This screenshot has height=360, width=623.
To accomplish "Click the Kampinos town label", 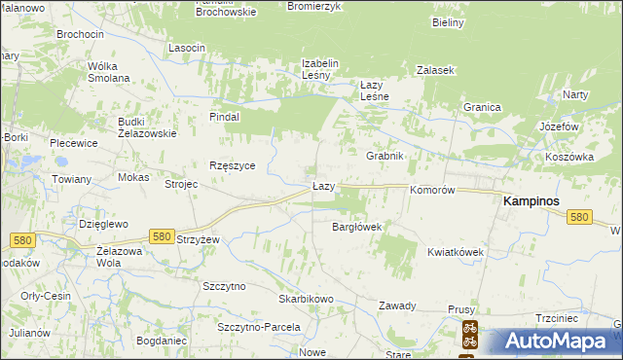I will click(x=535, y=200).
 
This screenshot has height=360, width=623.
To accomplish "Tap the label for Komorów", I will click(x=433, y=191).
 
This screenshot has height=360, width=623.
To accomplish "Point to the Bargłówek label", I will click(x=356, y=227).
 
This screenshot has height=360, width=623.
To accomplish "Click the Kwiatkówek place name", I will click(x=455, y=252).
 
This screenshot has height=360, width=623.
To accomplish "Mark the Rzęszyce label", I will click(x=233, y=165).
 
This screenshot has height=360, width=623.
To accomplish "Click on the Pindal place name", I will click(x=225, y=116).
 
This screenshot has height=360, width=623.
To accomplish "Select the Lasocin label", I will click(x=187, y=48).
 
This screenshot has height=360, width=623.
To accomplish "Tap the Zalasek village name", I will click(x=435, y=70).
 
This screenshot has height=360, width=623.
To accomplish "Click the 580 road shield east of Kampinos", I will click(x=580, y=218).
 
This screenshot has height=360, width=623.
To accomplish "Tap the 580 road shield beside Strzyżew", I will click(x=162, y=236).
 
